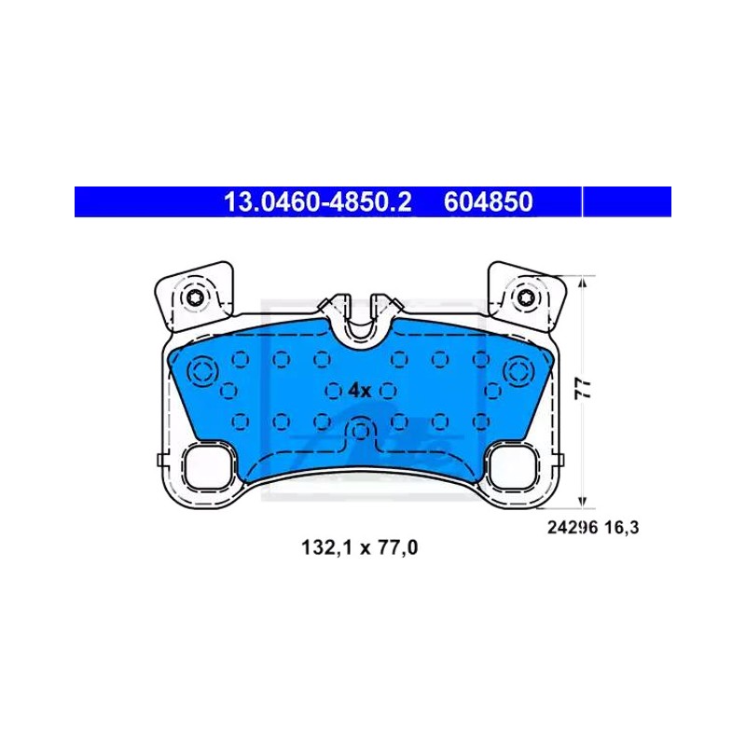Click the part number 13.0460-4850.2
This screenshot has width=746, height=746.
tap(317, 201)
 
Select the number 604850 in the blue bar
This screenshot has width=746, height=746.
tap(488, 201)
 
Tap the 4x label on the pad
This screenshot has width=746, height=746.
tap(360, 391)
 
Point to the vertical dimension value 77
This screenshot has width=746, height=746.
tap(584, 389)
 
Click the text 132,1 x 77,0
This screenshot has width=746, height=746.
tap(360, 547)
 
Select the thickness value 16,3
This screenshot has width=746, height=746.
tap(622, 528)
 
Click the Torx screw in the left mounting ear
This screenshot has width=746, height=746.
tap(195, 298)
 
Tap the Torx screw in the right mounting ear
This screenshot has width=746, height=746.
tap(526, 297)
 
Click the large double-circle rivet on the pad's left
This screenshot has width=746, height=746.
tap(202, 370)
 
